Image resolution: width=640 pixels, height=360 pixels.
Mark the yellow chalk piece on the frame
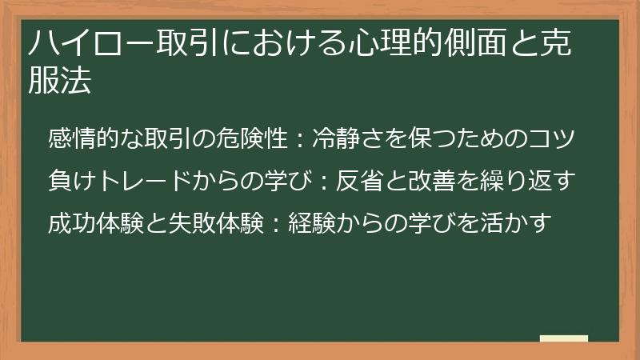click(x=563, y=338)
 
